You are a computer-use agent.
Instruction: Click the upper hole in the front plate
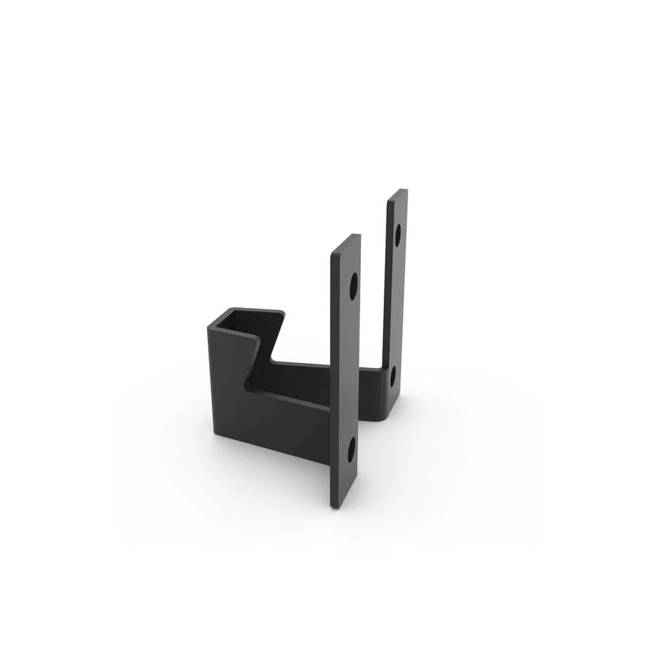tap(353, 285)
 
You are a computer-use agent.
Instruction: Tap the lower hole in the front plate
tap(351, 450)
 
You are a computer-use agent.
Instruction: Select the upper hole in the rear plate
tap(397, 235)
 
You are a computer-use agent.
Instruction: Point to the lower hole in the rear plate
tap(392, 377)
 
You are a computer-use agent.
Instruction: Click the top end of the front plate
tap(346, 238)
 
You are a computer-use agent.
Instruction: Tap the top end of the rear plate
tap(397, 192)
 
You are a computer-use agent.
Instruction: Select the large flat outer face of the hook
tap(272, 421)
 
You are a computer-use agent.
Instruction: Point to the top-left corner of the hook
tap(209, 329)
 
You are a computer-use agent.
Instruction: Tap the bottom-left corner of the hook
tap(215, 433)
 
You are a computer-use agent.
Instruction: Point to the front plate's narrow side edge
tap(334, 375)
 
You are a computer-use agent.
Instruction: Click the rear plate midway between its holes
tap(395, 304)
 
